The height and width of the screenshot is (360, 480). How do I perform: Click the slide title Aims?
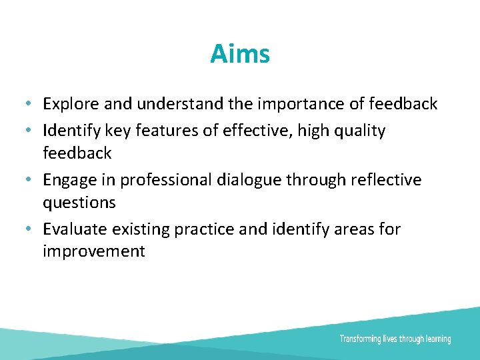pos(240,53)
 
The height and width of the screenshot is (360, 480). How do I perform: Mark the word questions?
pos(79,202)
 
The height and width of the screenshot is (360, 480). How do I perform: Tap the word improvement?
pos(93,251)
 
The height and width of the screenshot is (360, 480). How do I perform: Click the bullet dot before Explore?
pos(24,105)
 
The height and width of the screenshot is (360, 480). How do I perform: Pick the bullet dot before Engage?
pos(24,181)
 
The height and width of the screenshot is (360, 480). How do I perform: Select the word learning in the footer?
pos(437,339)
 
